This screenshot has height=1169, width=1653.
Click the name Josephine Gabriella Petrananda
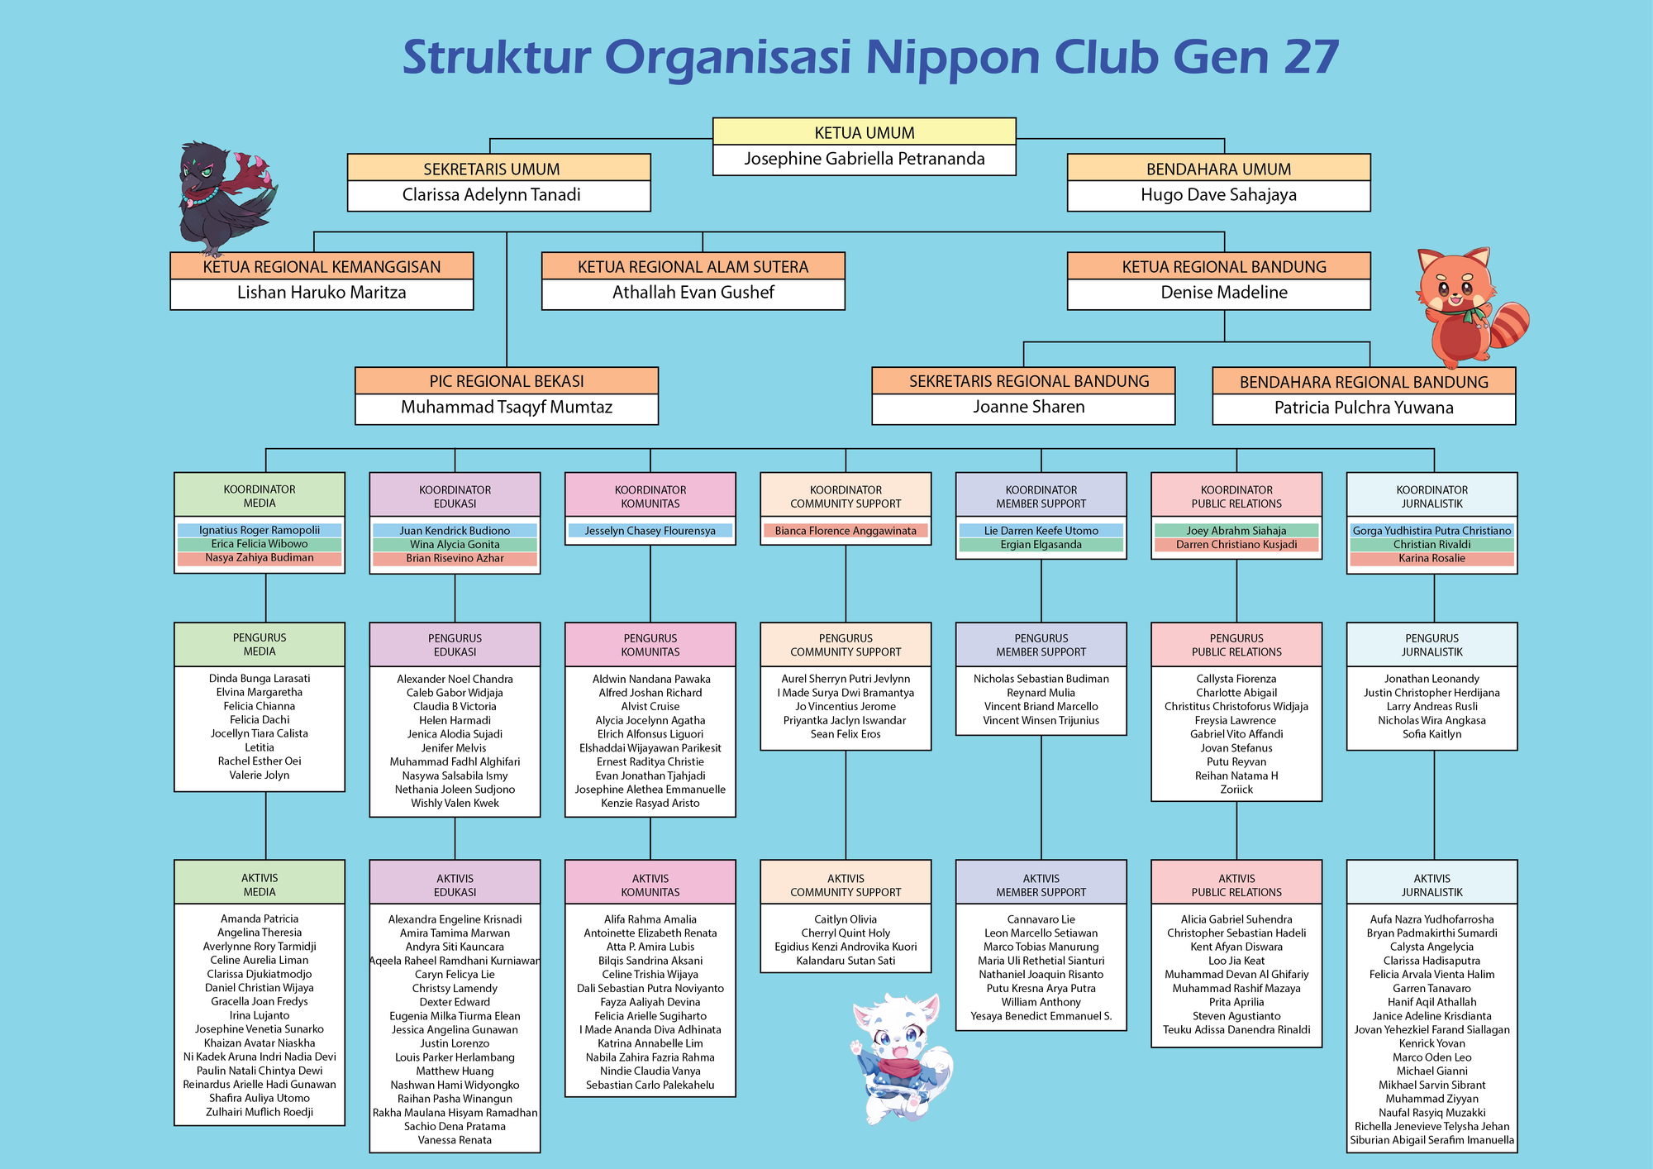[865, 159]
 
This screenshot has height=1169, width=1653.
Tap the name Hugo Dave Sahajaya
[1218, 195]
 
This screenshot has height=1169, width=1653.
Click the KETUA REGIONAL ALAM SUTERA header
[693, 266]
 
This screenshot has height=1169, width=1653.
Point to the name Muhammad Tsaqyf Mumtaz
[507, 407]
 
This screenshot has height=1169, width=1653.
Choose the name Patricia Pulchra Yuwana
[1364, 408]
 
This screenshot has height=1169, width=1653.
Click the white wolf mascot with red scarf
[901, 1058]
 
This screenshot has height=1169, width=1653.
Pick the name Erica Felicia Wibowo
[260, 544]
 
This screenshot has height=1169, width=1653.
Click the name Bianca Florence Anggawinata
[846, 531]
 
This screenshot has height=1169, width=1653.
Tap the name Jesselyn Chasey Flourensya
[650, 531]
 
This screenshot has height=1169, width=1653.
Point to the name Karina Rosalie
[1431, 558]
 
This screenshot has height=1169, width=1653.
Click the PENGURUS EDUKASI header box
[455, 645]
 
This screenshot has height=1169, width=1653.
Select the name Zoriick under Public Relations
[1236, 790]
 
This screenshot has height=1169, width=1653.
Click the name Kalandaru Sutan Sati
[846, 961]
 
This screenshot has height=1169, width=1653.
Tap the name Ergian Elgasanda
[1041, 545]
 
